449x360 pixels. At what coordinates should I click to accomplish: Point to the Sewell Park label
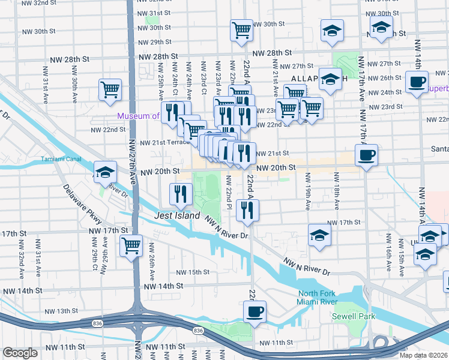tap(354, 316)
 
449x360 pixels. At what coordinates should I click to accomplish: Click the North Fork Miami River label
tap(318, 298)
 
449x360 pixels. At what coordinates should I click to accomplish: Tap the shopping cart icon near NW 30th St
tap(241, 29)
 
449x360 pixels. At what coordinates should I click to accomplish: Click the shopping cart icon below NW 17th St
tap(131, 245)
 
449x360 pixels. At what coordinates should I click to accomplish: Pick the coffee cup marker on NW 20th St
tap(366, 155)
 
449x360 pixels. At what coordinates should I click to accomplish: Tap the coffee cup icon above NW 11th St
tap(255, 311)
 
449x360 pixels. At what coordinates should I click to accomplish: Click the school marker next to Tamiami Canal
tap(104, 172)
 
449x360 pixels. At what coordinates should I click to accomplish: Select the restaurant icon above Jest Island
tap(180, 193)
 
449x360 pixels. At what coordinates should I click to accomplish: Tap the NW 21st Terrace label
tap(164, 143)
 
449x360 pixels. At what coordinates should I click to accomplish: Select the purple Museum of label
tap(138, 116)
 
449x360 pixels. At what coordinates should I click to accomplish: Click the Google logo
tap(20, 353)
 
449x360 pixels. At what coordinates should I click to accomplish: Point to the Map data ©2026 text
tap(424, 355)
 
